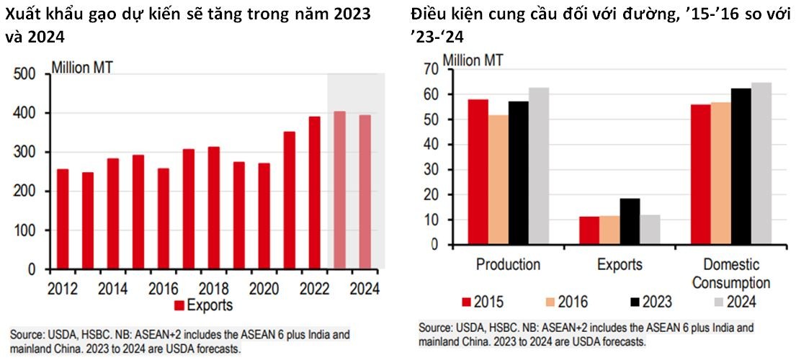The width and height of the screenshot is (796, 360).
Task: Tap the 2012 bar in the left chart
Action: click(63, 220)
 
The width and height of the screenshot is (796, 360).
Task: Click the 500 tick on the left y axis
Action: click(25, 75)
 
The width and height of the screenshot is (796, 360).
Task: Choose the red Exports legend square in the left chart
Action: click(179, 306)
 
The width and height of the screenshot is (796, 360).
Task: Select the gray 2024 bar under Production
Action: click(539, 166)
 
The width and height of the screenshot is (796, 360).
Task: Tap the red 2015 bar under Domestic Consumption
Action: click(699, 174)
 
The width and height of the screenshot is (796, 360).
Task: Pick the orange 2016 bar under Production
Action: click(498, 180)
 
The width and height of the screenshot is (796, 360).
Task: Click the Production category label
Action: click(508, 265)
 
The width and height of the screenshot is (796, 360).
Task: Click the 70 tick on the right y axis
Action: click(431, 69)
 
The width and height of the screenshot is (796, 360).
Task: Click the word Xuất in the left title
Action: click(22, 14)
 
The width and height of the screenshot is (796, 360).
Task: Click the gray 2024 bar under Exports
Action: click(650, 230)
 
